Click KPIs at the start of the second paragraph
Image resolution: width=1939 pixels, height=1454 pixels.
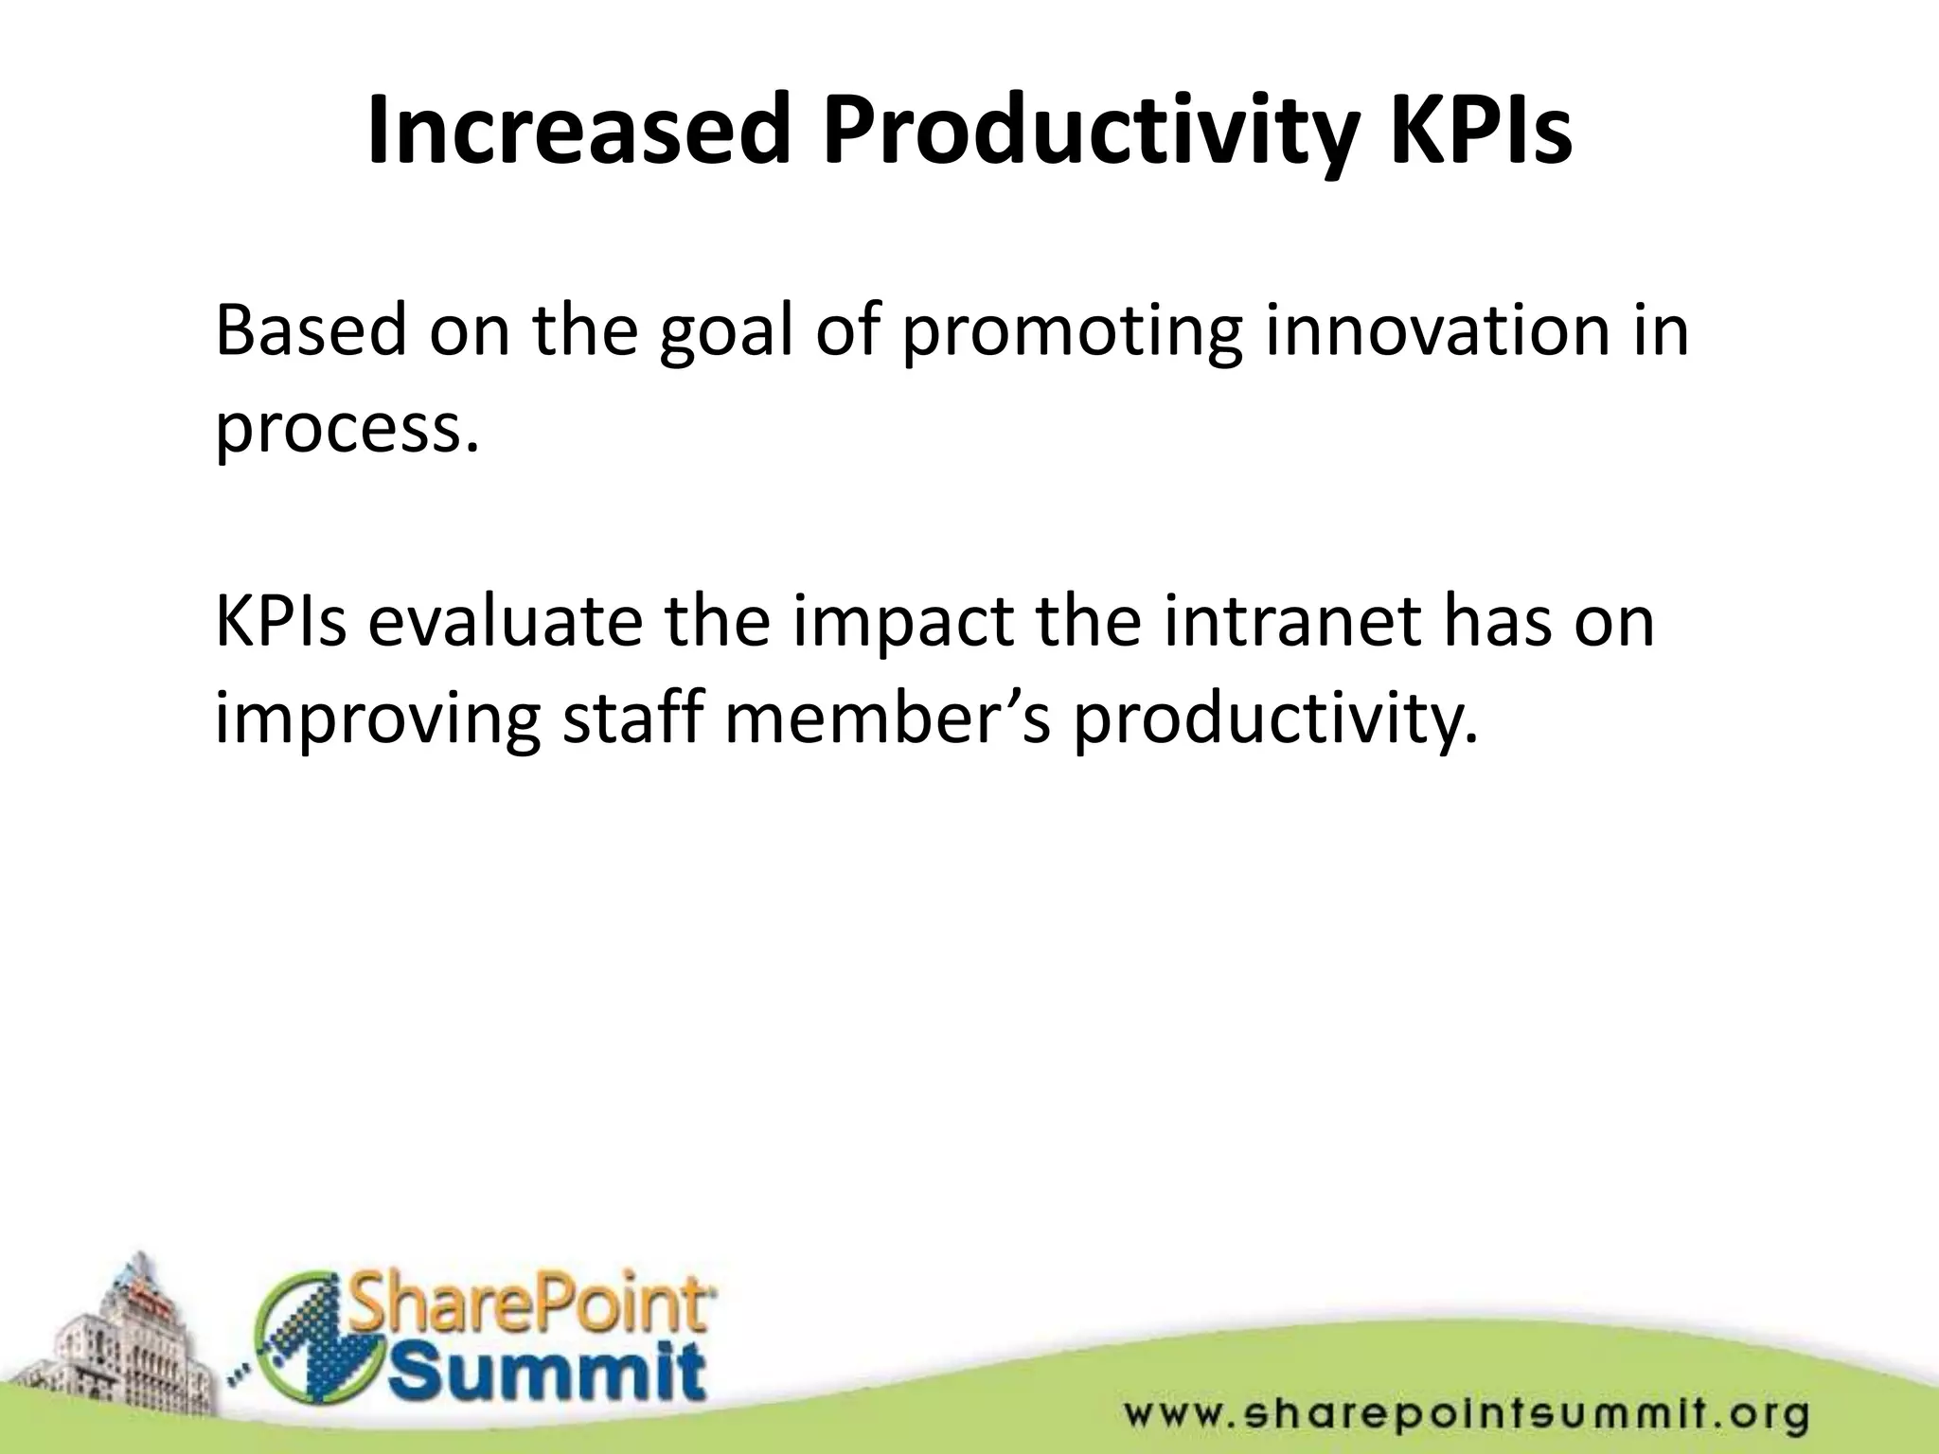pyautogui.click(x=280, y=622)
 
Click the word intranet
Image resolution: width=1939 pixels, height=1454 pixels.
pyautogui.click(x=1291, y=622)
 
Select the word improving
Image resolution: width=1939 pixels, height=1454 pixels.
pyautogui.click(x=378, y=721)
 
